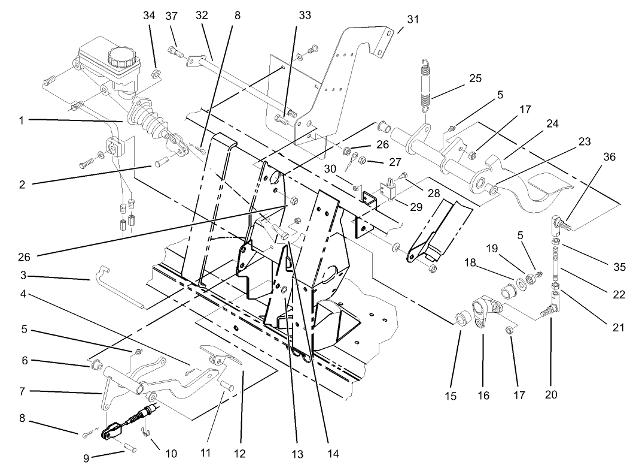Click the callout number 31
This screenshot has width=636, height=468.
pos(413,20)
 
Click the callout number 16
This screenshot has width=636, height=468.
pos(483,395)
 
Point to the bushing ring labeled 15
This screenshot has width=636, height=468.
pos(462,317)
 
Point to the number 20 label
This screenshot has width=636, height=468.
pos(550,395)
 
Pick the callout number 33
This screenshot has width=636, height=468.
pos(305,16)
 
